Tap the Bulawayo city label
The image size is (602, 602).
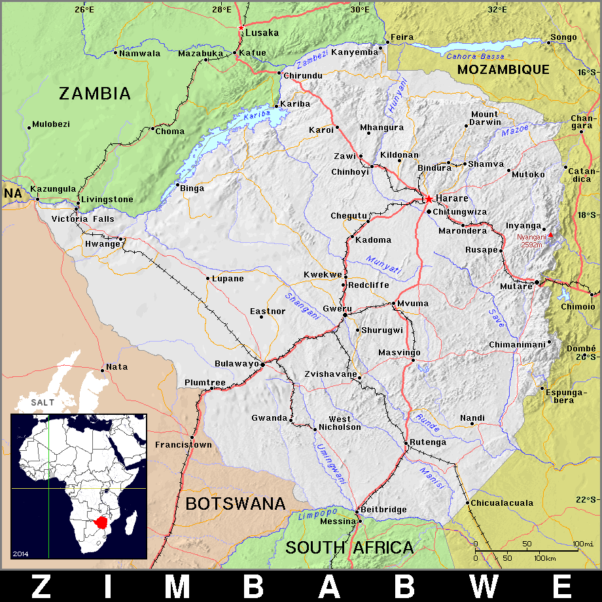pyautogui.click(x=237, y=363)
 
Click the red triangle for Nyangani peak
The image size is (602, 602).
pyautogui.click(x=550, y=235)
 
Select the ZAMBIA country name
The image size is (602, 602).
pyautogui.click(x=95, y=94)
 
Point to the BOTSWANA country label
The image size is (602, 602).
pyautogui.click(x=236, y=503)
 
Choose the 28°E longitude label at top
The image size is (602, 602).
pyautogui.click(x=221, y=9)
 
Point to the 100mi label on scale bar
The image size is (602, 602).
pyautogui.click(x=582, y=544)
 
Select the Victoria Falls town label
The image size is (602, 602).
pyautogui.click(x=83, y=219)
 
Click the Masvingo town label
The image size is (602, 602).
pyautogui.click(x=399, y=353)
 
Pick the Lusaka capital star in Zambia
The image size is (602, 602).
pyautogui.click(x=241, y=28)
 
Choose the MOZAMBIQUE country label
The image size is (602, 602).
pyautogui.click(x=503, y=69)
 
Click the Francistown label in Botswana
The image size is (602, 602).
pyautogui.click(x=183, y=445)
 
